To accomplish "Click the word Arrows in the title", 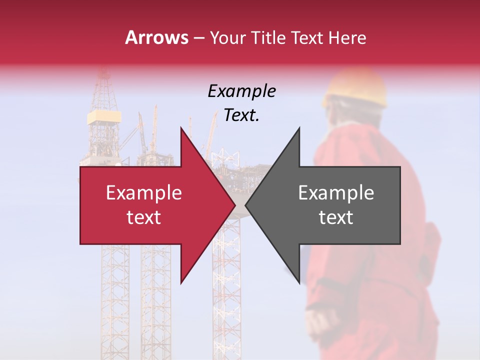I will click(x=156, y=37).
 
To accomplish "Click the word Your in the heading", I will click(x=227, y=37).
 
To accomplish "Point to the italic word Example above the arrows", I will click(x=241, y=91).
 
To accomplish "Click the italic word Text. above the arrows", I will click(x=241, y=115).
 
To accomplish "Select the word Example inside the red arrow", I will click(x=143, y=193).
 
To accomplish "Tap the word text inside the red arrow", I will click(x=143, y=217).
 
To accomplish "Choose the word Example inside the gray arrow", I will click(x=336, y=193).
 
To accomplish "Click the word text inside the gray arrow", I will click(x=336, y=217).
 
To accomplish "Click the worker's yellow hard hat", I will click(x=355, y=90).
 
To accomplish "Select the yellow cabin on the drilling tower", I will click(x=104, y=117).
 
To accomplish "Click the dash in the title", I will click(x=198, y=38).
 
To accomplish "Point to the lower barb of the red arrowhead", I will click(x=182, y=280).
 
